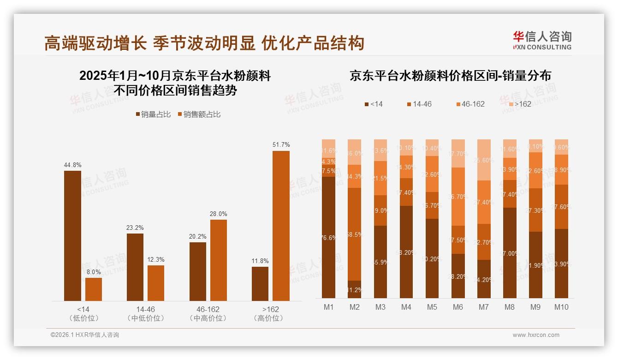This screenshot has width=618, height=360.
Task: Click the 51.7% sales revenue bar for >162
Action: coord(281,226)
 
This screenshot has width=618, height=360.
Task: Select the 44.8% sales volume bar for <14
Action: coord(72,236)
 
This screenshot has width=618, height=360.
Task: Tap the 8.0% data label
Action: coord(94,272)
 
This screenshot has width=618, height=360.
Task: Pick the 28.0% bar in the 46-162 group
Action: coord(219,260)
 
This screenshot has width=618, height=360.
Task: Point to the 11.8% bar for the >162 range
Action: coord(260,284)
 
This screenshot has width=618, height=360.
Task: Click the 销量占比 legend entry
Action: coord(154,114)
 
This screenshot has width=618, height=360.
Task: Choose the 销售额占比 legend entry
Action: coord(199,114)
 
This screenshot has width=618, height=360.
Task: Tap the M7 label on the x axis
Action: coord(483,307)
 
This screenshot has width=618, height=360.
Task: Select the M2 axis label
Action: coord(354,307)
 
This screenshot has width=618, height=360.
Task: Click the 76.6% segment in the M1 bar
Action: coord(328,237)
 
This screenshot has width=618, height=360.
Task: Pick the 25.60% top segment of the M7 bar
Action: coord(483,160)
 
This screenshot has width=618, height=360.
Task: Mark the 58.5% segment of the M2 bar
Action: coord(354,234)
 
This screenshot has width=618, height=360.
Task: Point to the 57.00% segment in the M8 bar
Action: coord(510,253)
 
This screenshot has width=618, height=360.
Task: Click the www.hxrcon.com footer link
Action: coord(536,335)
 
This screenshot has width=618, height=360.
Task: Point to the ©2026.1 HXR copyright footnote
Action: coord(85,335)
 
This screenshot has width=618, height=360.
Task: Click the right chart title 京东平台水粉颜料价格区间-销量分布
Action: coord(450,76)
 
